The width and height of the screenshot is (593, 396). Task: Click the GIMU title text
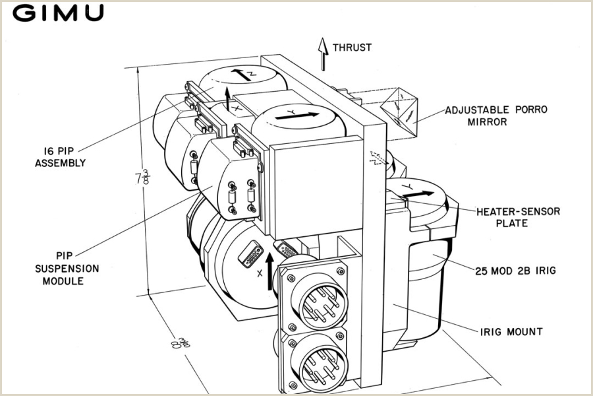pyautogui.click(x=59, y=13)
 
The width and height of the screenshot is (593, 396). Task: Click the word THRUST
pyautogui.click(x=352, y=48)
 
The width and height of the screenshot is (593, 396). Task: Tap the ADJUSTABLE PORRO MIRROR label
pyautogui.click(x=495, y=115)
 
